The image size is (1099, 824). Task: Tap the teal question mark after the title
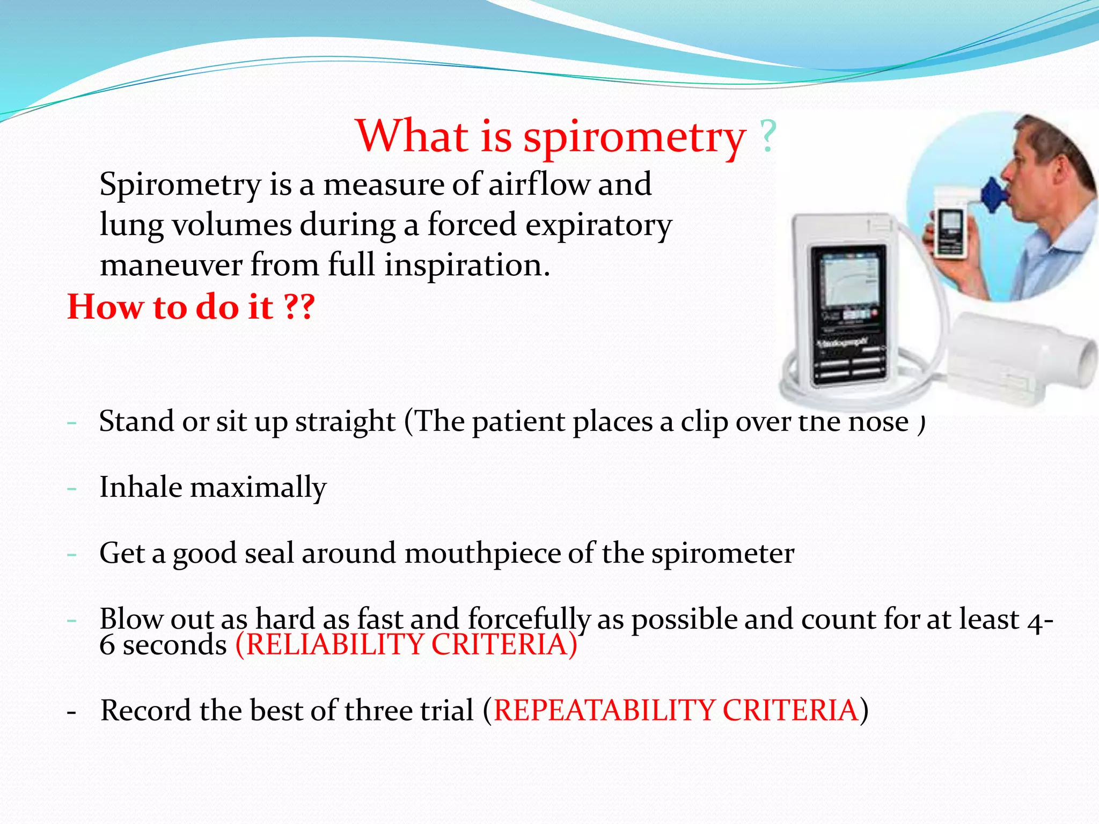[x=768, y=137]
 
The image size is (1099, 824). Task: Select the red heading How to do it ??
[x=191, y=307]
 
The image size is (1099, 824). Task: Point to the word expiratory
[x=598, y=225]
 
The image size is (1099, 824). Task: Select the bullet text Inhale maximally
[x=213, y=487]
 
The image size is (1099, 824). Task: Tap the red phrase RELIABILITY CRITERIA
[x=406, y=644]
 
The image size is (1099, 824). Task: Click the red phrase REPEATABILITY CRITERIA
[x=676, y=710]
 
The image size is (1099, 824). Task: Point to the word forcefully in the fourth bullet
[x=529, y=619]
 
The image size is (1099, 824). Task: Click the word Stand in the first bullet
[x=137, y=421]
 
